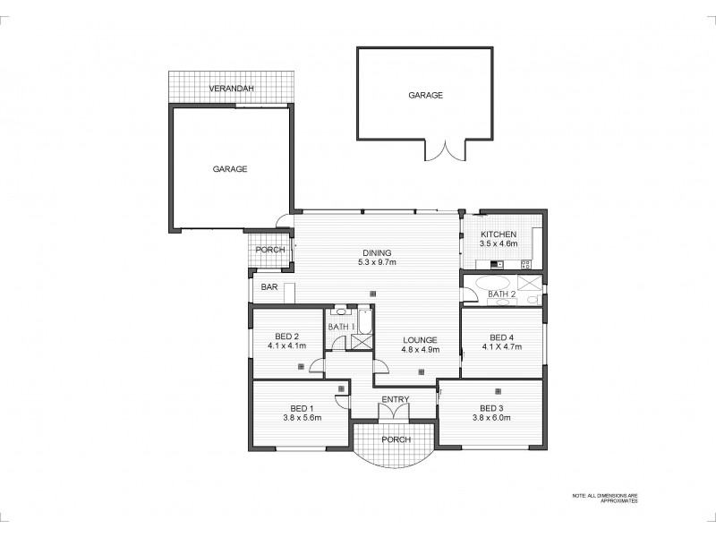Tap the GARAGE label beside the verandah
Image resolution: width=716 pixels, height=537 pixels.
coord(230,168)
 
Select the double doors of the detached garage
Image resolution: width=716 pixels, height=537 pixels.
coord(446,150)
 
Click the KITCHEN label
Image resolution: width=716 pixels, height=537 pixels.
coord(498,234)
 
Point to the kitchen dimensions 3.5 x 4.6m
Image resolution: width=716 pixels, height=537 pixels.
coord(498,243)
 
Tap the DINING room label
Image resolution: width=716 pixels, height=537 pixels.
coord(377,252)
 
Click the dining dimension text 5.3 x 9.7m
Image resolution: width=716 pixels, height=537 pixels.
coord(377,262)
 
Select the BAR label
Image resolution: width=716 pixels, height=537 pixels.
coord(268,288)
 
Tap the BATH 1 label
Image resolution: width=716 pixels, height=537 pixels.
coord(341,327)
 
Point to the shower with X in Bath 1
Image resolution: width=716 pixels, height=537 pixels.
coord(362,341)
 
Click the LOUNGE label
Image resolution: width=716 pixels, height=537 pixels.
coord(419,340)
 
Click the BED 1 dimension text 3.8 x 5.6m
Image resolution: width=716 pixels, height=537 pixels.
coord(303,417)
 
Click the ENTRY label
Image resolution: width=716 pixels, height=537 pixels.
coord(395,399)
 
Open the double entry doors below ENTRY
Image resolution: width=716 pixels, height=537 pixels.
coord(394,413)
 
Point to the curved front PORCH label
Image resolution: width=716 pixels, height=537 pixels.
coord(394,439)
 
